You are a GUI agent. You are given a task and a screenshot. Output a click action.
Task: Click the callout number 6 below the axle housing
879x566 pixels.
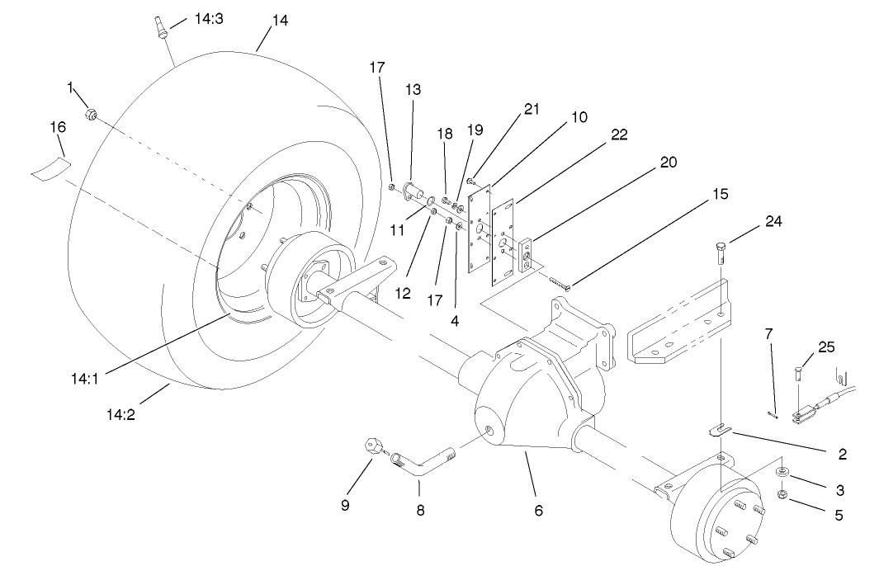coord(538,511)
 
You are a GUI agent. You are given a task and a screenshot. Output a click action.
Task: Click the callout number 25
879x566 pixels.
coord(826,347)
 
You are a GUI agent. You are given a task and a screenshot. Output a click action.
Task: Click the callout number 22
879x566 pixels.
coord(618,135)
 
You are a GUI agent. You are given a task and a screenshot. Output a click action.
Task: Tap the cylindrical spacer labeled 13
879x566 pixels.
coord(415,195)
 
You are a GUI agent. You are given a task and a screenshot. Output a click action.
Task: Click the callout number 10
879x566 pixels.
coord(579,117)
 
